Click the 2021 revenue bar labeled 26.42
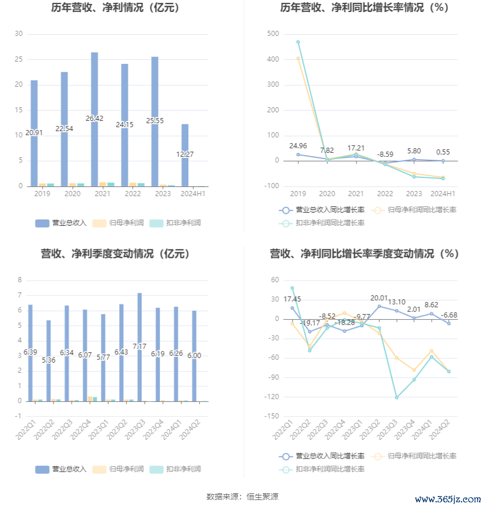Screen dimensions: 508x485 click(94, 119)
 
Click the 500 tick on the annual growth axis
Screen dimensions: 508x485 click(273, 34)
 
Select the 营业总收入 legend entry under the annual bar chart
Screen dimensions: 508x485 click(60, 223)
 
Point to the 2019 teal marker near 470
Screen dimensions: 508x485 click(298, 42)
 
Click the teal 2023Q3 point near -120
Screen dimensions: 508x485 click(397, 397)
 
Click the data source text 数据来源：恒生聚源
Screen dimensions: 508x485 click(242, 497)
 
